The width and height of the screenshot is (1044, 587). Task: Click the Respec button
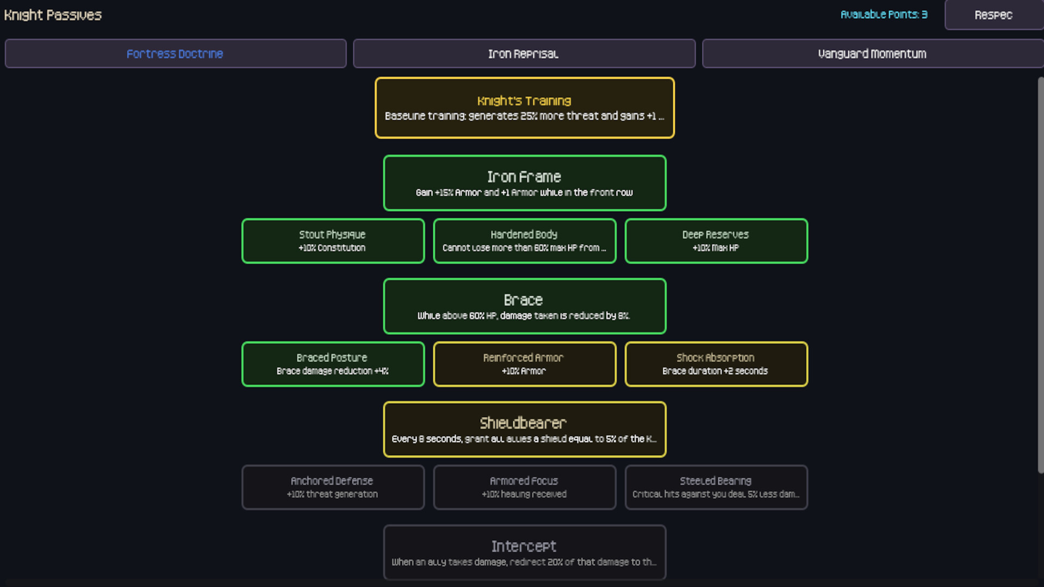coord(993,15)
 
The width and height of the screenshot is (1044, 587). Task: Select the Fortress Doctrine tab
coord(175,54)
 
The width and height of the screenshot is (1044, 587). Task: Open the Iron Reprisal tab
coord(524,54)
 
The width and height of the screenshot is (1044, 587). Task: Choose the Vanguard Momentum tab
coord(872,54)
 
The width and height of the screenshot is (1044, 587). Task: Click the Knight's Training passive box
coord(524,108)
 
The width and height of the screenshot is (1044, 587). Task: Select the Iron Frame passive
coord(524,183)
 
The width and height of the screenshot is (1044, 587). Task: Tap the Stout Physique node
coord(333,241)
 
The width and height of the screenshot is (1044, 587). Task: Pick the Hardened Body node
coord(524,241)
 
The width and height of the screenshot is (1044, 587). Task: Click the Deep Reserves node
coord(716,241)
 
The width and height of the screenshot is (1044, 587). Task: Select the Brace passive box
coord(524,306)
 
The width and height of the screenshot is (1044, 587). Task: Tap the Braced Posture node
coord(333,364)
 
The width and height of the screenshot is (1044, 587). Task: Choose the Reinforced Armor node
coord(524,364)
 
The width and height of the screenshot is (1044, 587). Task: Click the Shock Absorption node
coord(716,364)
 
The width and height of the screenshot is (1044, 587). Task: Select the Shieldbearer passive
coord(524,429)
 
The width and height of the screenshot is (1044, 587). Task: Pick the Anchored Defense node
coord(333,488)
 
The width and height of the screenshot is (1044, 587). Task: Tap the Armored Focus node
coord(524,488)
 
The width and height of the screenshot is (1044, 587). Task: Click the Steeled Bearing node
coord(716,488)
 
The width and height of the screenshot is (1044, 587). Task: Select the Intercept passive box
coord(524,552)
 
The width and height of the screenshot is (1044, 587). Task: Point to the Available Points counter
coord(884,15)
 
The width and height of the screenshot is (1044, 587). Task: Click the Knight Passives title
coord(53,15)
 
